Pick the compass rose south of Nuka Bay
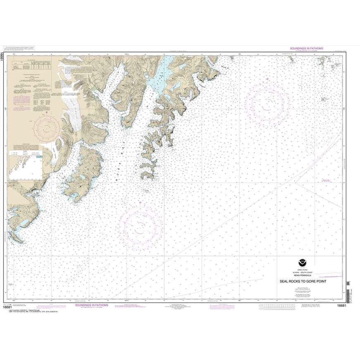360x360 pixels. [x=140, y=225]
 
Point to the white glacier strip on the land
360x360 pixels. [x=71, y=103]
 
